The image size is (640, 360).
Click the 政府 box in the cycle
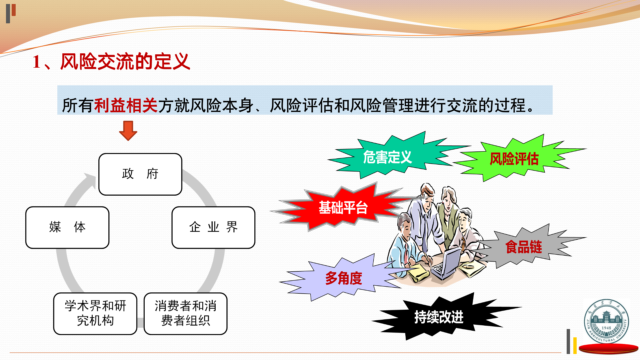tap(140, 174)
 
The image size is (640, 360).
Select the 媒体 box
tap(67, 228)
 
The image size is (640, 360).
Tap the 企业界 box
tap(213, 228)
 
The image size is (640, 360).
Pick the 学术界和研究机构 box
tap(95, 314)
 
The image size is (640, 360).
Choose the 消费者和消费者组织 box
tap(186, 314)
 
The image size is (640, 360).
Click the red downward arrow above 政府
tap(128, 131)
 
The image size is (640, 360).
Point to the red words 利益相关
tap(126, 105)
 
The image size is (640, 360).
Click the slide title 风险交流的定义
tap(125, 62)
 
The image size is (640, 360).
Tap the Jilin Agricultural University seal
tap(606, 321)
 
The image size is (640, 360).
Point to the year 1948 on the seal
tap(606, 328)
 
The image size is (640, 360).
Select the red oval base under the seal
tap(608, 349)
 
